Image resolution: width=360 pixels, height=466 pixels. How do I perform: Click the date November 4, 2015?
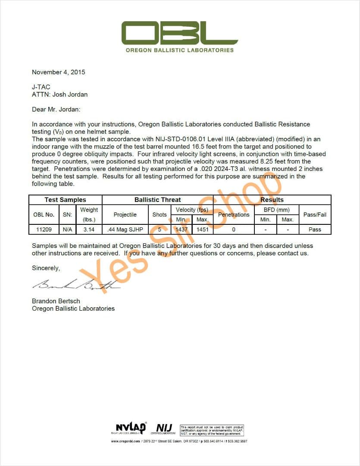(x=59, y=72)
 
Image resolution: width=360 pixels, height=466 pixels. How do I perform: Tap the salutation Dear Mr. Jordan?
(x=56, y=110)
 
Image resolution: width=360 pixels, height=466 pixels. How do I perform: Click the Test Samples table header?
(x=65, y=200)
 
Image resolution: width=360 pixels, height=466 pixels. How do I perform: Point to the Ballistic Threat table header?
(x=157, y=200)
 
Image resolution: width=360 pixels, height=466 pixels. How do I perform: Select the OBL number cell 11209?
(x=44, y=230)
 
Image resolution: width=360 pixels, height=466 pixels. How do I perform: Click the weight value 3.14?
(x=89, y=230)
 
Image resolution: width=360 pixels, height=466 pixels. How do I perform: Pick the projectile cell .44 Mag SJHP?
(x=125, y=230)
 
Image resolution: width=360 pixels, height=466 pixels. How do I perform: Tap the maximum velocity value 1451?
(x=202, y=230)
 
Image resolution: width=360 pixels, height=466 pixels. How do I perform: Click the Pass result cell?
(x=315, y=230)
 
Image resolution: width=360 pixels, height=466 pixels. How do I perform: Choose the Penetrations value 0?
(x=234, y=230)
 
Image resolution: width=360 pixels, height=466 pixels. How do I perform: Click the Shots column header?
(x=160, y=214)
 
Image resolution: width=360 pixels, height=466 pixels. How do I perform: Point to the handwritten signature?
(x=75, y=284)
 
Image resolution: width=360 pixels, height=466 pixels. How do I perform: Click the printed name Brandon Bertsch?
(x=56, y=301)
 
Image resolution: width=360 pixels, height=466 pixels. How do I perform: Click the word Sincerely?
(x=46, y=268)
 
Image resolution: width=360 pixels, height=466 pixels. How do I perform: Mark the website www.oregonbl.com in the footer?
(x=125, y=441)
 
